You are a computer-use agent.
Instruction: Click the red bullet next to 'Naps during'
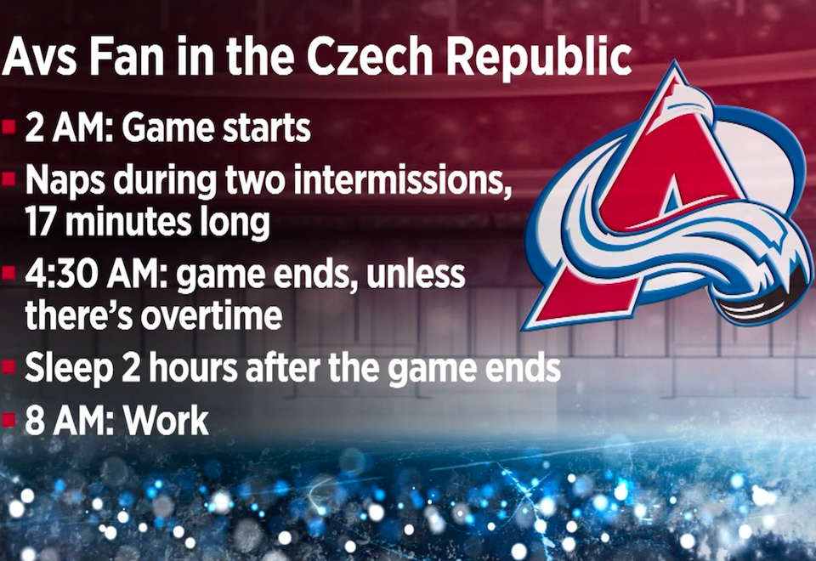[x=8, y=179]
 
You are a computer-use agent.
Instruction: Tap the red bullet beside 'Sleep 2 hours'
[x=8, y=367]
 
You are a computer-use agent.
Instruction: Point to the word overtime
[x=212, y=315]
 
